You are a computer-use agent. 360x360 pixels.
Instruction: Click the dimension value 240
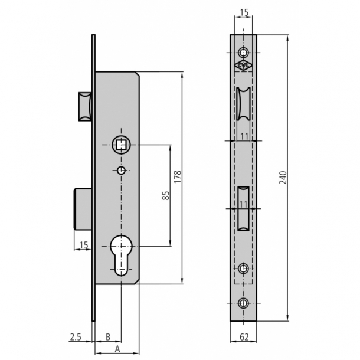pos(283,178)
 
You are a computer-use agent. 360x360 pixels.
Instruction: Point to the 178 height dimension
pos(177,177)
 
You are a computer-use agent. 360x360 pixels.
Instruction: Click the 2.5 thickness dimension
pos(76,337)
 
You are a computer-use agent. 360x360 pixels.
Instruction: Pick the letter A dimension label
pos(117,349)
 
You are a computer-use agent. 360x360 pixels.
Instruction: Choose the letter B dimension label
pos(107,337)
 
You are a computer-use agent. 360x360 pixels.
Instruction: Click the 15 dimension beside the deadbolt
pos(83,244)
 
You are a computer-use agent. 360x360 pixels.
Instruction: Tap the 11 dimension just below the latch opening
pos(243,137)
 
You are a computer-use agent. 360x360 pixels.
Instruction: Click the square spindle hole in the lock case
pos(121,144)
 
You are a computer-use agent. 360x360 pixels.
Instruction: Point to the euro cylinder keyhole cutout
pos(121,253)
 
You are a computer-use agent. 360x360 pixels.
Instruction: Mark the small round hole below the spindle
pos(121,171)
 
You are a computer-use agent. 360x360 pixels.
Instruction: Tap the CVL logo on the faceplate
pos(243,66)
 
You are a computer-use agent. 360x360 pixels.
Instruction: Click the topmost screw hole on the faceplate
pos(243,50)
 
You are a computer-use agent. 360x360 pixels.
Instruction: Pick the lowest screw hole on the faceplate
pos(243,303)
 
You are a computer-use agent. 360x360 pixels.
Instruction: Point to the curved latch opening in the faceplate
pos(243,105)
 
